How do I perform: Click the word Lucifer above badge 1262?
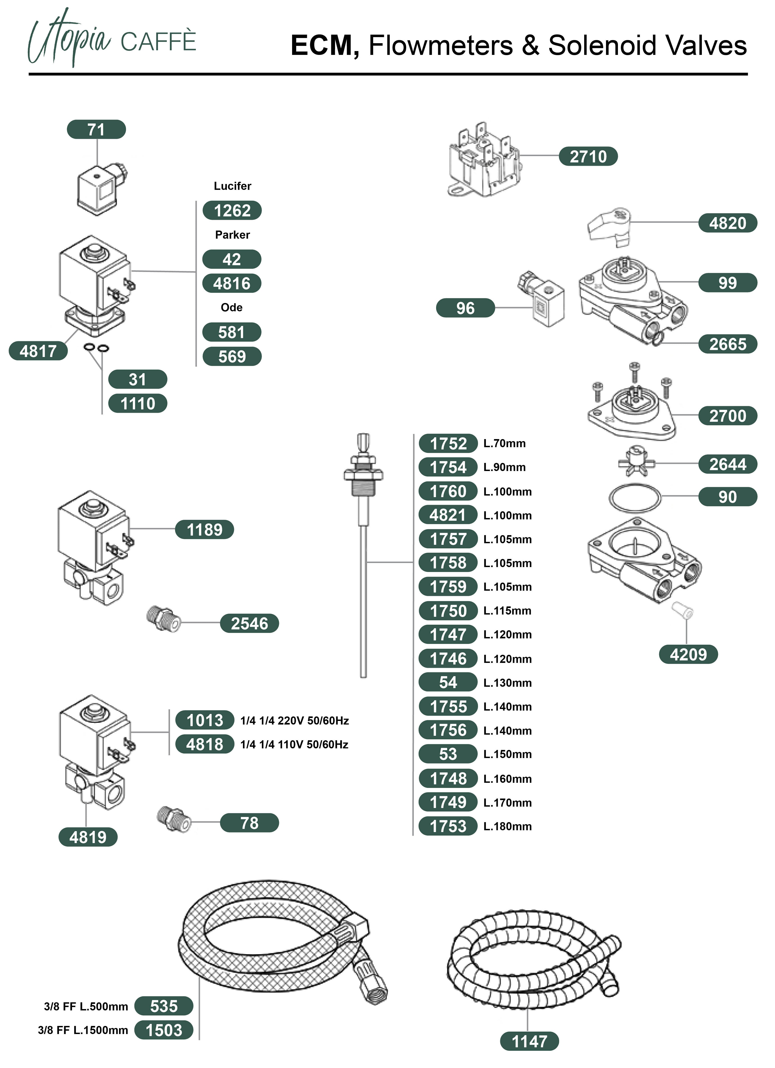point(232,186)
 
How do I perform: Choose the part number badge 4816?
point(232,283)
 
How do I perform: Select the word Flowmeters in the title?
point(441,46)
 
